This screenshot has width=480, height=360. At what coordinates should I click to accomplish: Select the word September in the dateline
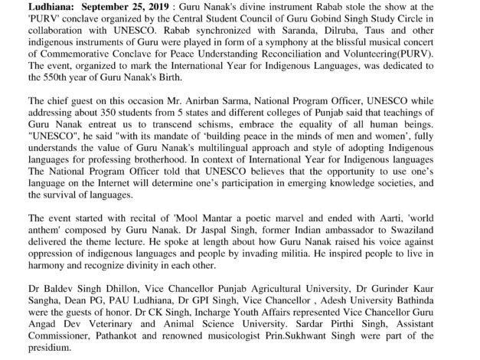coord(80,5)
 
